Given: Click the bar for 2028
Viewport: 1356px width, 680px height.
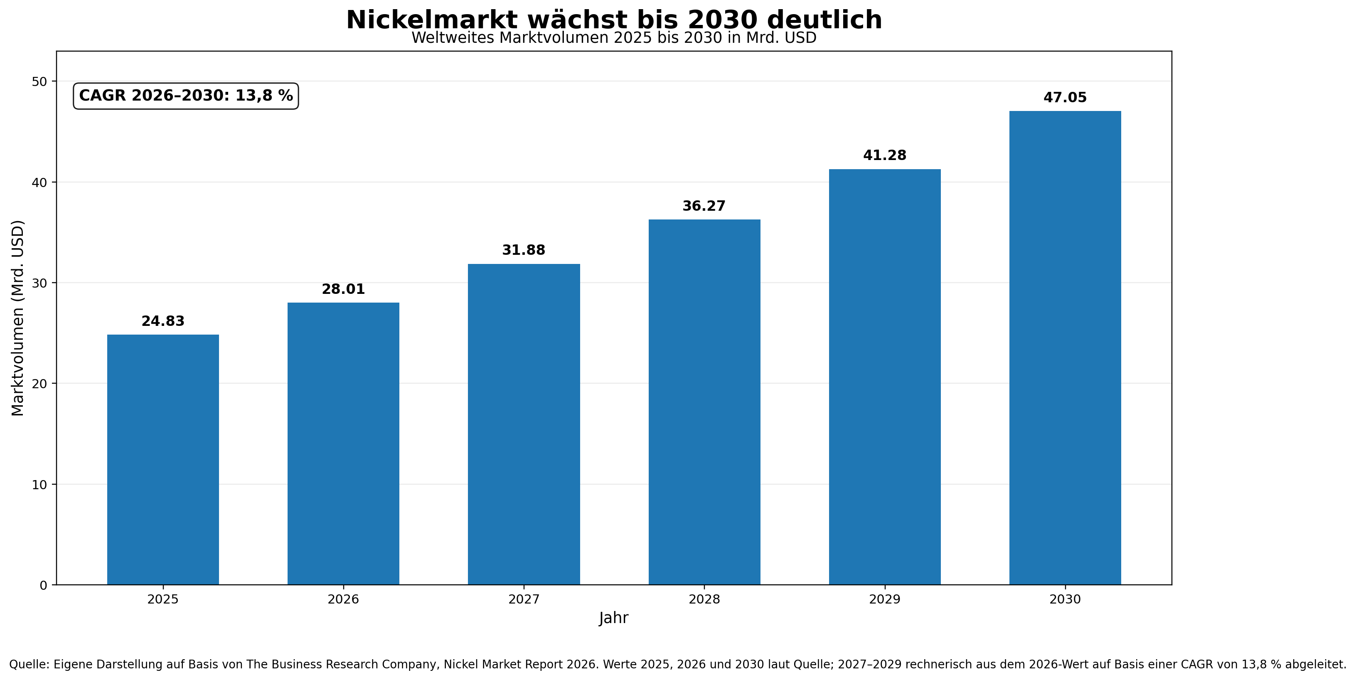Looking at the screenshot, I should (704, 402).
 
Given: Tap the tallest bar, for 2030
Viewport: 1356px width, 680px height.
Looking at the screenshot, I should (1065, 347).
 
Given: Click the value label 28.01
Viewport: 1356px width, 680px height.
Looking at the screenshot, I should (343, 289).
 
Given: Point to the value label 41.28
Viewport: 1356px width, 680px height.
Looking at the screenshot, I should (884, 155).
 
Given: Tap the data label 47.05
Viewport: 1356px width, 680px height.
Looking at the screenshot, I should (1065, 97).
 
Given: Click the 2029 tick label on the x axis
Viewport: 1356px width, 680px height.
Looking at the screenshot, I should (884, 599).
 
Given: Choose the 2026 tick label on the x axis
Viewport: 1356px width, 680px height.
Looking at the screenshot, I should (343, 599).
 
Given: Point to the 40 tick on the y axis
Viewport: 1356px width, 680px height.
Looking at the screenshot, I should (39, 182).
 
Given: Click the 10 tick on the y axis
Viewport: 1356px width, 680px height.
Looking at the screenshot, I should (39, 484).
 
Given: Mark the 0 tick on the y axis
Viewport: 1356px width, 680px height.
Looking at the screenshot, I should (43, 585).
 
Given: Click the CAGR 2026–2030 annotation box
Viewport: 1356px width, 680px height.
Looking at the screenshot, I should (186, 96).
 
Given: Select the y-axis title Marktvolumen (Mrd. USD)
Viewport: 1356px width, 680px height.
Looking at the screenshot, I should (18, 318).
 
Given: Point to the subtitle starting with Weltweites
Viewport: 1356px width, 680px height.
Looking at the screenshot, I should (613, 38).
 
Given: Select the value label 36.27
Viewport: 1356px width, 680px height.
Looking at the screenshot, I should (704, 206).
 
